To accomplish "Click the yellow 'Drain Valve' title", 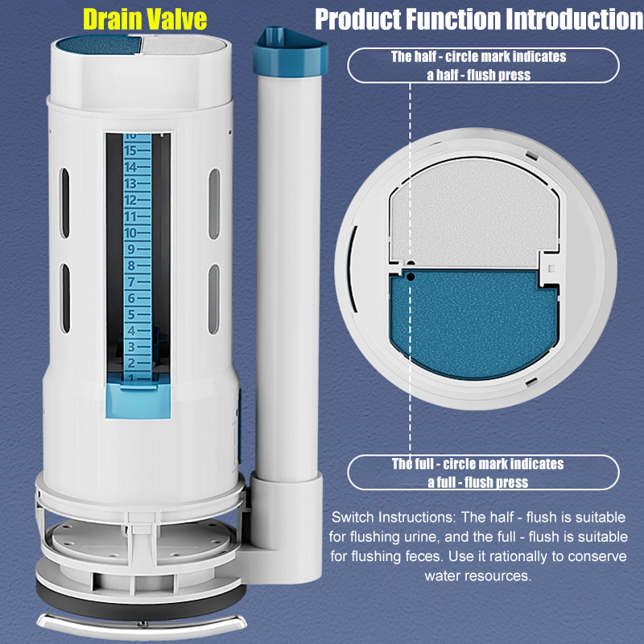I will click(145, 19).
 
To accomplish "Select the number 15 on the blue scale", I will click(131, 151).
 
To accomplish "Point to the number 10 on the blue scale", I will click(131, 233).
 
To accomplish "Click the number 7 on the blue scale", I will click(131, 282).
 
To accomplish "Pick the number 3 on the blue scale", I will click(131, 348).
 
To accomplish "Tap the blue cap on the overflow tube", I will click(290, 50).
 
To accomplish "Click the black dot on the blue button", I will click(411, 275).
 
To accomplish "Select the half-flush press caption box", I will click(483, 65).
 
